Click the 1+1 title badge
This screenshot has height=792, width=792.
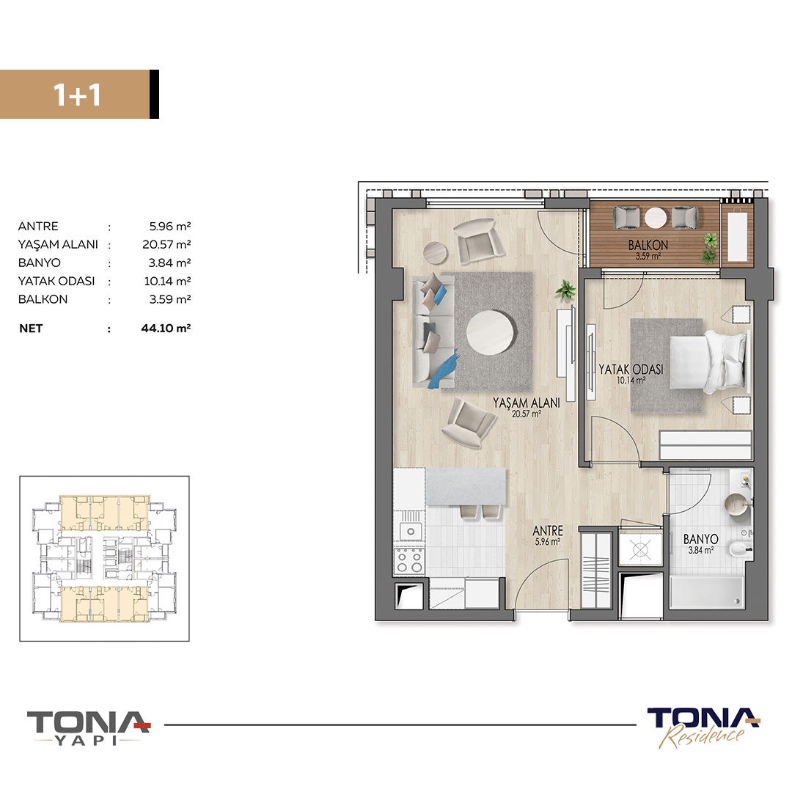pyautogui.click(x=79, y=95)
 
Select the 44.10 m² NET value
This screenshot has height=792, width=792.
pyautogui.click(x=166, y=329)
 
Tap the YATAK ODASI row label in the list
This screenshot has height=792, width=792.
pyautogui.click(x=56, y=282)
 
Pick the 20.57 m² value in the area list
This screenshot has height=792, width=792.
pyautogui.click(x=166, y=244)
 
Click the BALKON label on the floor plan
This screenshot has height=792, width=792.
pyautogui.click(x=648, y=245)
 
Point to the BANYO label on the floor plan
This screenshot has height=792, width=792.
pyautogui.click(x=700, y=539)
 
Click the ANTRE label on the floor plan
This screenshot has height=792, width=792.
pyautogui.click(x=548, y=530)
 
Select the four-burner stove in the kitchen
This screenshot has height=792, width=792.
pyautogui.click(x=410, y=562)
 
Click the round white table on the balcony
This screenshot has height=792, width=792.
pyautogui.click(x=656, y=218)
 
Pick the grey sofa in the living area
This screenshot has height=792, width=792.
pyautogui.click(x=433, y=331)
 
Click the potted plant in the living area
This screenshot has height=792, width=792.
pyautogui.click(x=565, y=290)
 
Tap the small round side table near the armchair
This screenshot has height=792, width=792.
pyautogui.click(x=435, y=252)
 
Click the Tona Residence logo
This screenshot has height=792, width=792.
pyautogui.click(x=703, y=727)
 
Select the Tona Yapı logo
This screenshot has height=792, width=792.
pyautogui.click(x=89, y=728)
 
